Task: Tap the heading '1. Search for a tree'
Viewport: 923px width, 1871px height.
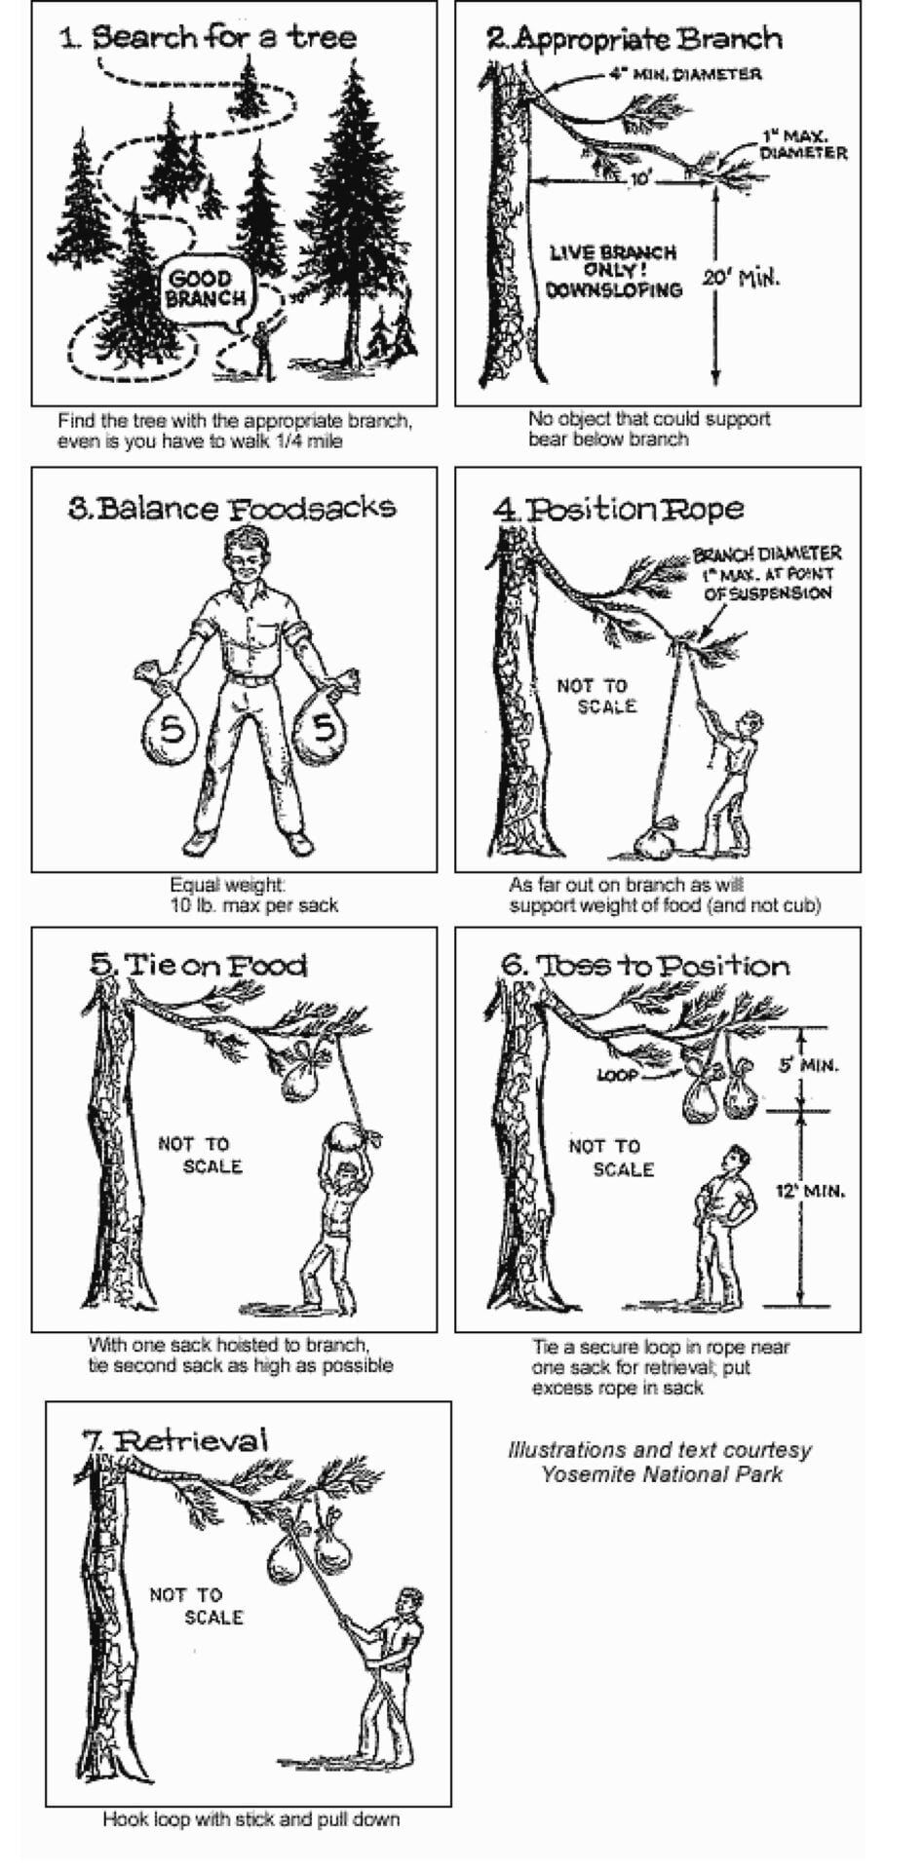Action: pyautogui.click(x=208, y=38)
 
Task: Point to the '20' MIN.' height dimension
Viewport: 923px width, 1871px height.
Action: pyautogui.click(x=741, y=278)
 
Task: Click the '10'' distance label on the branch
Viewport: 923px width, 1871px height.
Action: pyautogui.click(x=639, y=180)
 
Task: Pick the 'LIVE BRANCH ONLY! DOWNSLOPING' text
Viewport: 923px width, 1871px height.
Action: pyautogui.click(x=613, y=271)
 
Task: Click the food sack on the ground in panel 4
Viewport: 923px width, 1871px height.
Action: pyautogui.click(x=655, y=841)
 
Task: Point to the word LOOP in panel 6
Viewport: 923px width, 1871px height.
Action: pyautogui.click(x=617, y=1075)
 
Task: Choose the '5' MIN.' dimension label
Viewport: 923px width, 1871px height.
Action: pyautogui.click(x=808, y=1065)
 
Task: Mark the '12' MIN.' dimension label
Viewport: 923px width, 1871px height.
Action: pyautogui.click(x=810, y=1191)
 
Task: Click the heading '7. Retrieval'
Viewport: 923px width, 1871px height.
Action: pyautogui.click(x=175, y=1440)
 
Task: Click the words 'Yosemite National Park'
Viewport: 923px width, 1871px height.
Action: pyautogui.click(x=662, y=1473)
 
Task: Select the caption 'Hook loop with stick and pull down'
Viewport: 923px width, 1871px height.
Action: pyautogui.click(x=251, y=1819)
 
